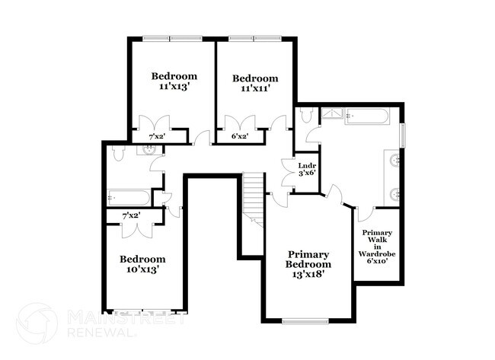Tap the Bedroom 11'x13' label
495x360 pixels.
pos(174,81)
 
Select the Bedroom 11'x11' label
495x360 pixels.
pos(255,83)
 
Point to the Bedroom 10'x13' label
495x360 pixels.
pos(142,263)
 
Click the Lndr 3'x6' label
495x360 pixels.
pos(307,169)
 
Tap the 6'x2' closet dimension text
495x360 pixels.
pos(239,137)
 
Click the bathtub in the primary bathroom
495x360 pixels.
pos(369,116)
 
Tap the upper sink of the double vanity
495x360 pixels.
pos(395,160)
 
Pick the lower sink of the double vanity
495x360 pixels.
pos(395,194)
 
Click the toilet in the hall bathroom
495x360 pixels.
pos(118,154)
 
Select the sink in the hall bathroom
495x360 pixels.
pos(146,149)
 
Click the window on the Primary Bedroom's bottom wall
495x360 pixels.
pos(305,320)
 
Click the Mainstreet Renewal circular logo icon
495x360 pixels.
pos(37,323)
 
